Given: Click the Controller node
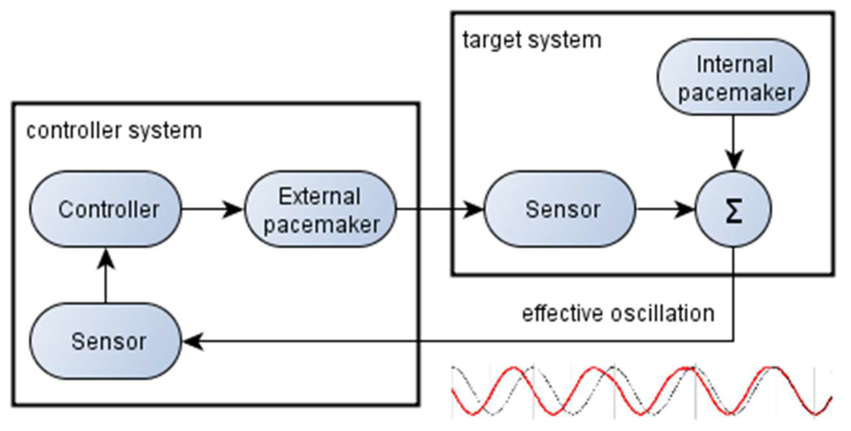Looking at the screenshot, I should [106, 209].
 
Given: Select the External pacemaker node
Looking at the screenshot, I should [320, 209].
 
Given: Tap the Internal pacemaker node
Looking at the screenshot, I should [733, 77].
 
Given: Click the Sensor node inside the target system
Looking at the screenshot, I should [560, 209].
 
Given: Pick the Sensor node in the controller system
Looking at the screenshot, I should [106, 341].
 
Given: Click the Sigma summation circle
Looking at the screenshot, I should [733, 209].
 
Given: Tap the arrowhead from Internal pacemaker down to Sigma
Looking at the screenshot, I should [733, 160].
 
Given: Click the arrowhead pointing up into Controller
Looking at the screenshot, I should [106, 259].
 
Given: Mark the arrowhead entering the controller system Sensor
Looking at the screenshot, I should [193, 341].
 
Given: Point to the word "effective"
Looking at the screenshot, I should [562, 313].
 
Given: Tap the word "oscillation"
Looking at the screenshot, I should [662, 313].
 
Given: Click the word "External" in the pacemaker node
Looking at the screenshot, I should [319, 197].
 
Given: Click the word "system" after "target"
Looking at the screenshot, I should [564, 41].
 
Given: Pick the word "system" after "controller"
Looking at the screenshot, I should [165, 131].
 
